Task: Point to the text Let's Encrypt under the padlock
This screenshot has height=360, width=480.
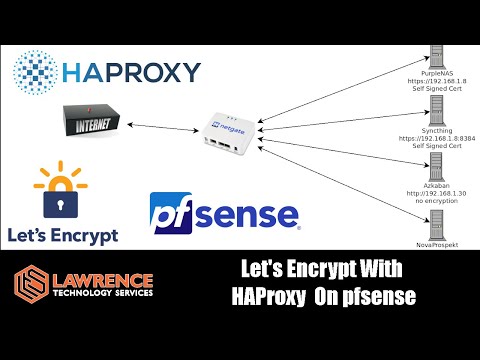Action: point(61,235)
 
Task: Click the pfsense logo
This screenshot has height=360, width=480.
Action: point(222,214)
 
